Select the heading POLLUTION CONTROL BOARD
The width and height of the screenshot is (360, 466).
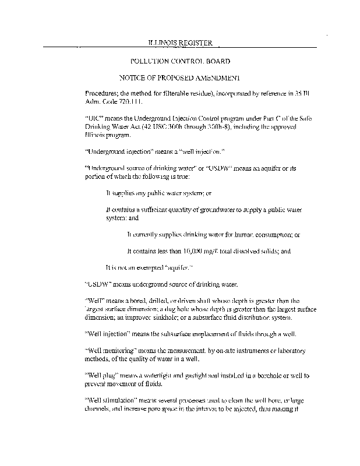[179, 61]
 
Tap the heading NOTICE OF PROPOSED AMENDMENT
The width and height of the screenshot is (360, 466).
[179, 77]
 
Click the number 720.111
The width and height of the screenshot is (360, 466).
[129, 101]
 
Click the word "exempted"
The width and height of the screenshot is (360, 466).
[144, 268]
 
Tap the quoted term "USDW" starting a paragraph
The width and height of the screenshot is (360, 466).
[96, 284]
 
